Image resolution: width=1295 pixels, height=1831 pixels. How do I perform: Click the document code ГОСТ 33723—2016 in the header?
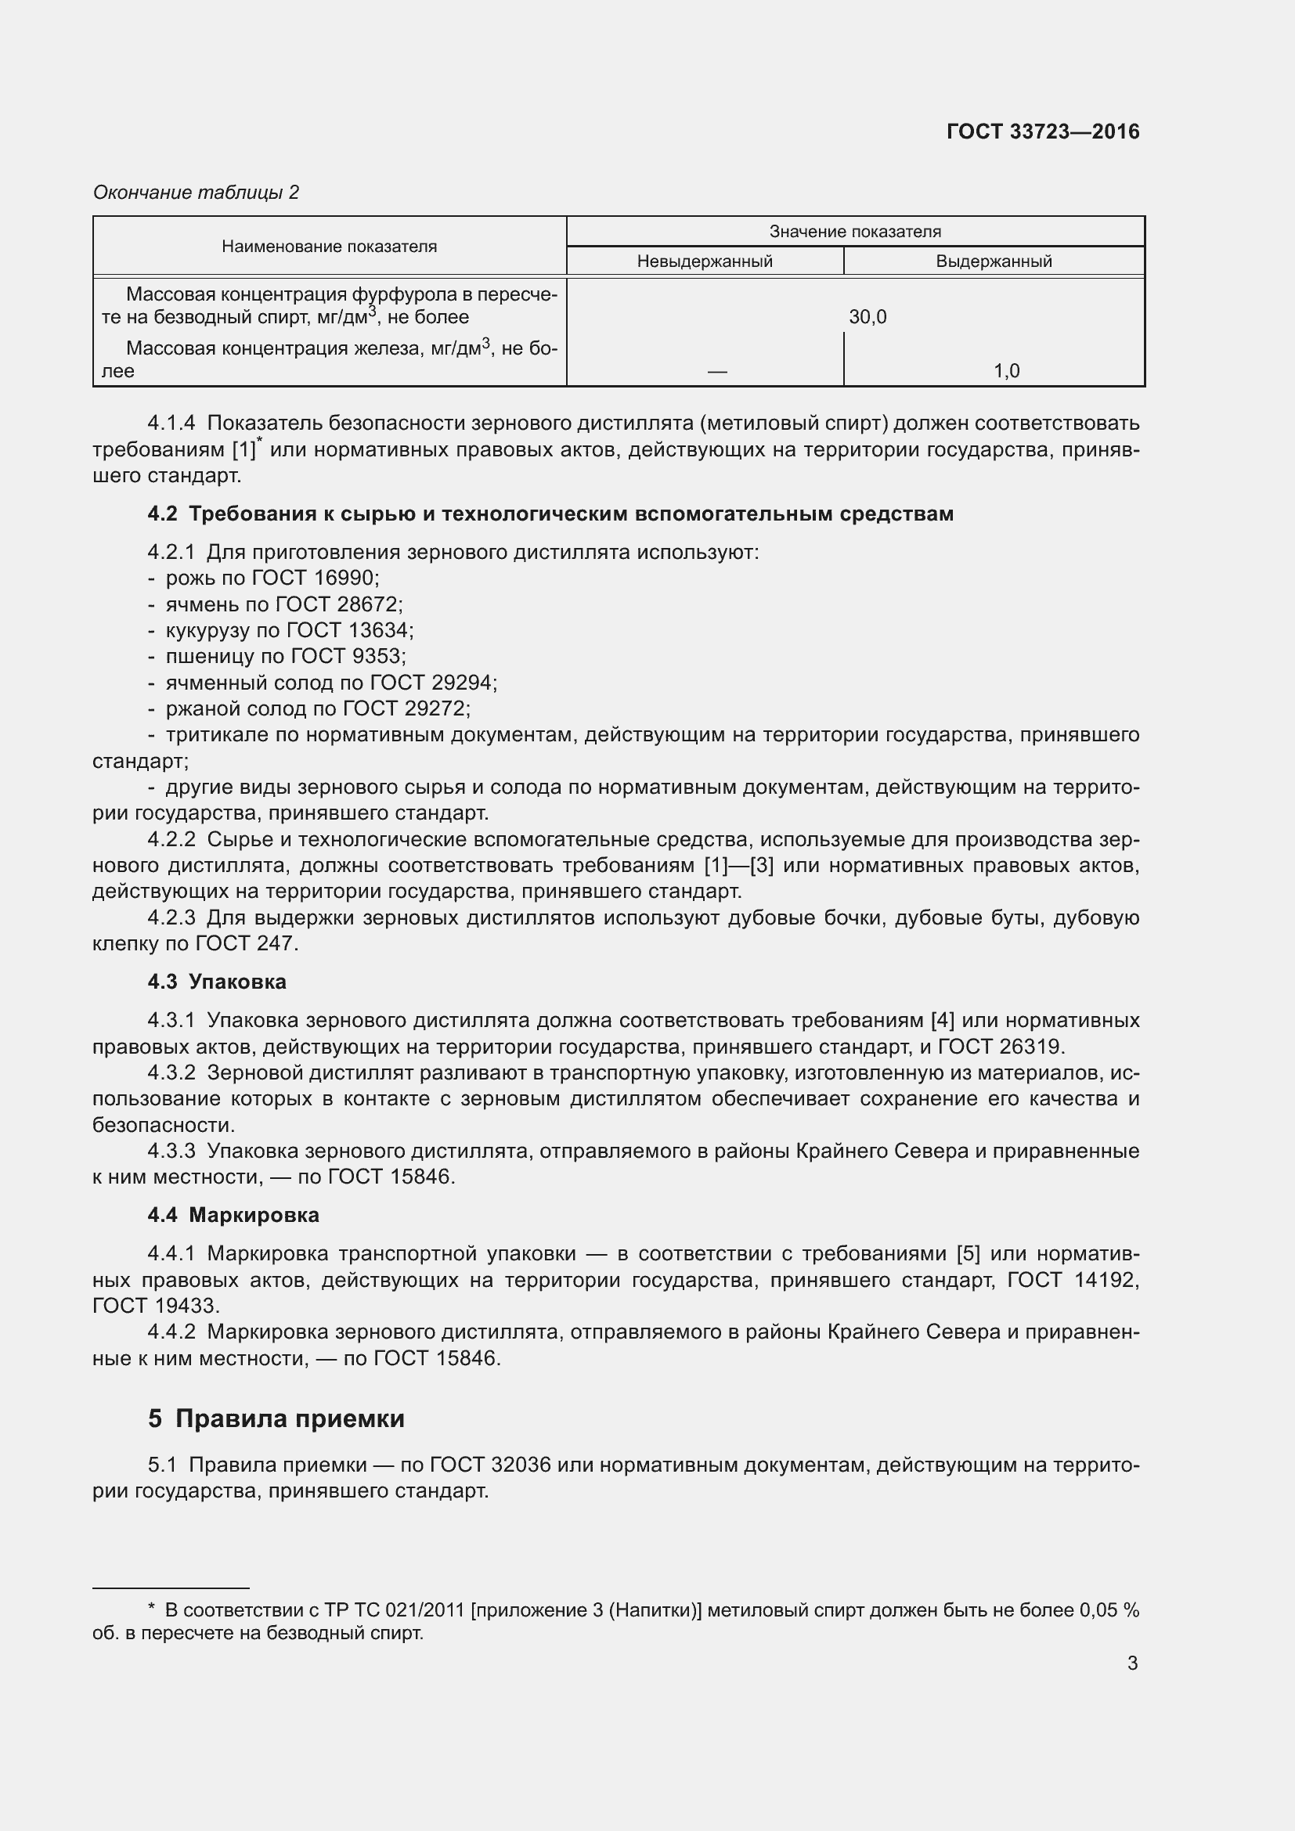tap(1042, 132)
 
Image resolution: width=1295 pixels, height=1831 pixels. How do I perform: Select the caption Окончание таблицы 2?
tap(197, 193)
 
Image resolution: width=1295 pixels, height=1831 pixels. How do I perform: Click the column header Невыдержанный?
tap(704, 261)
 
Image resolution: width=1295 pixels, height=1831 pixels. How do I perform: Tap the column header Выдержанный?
tap(994, 261)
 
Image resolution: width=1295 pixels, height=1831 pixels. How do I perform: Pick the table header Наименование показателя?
tap(330, 247)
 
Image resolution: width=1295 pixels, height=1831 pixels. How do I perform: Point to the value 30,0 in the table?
tap(868, 317)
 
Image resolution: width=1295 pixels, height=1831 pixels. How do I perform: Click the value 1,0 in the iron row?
tap(1006, 371)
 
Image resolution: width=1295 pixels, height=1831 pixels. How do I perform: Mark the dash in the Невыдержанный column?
tap(717, 372)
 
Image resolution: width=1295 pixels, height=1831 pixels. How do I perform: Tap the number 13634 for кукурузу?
tap(380, 631)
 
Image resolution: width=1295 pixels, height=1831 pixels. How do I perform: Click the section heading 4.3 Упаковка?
tap(217, 982)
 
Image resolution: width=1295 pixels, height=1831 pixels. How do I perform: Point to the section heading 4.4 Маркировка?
tap(233, 1216)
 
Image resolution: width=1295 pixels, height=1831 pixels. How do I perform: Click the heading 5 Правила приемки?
tap(276, 1418)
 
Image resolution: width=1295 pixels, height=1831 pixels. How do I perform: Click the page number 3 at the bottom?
tap(1131, 1663)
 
